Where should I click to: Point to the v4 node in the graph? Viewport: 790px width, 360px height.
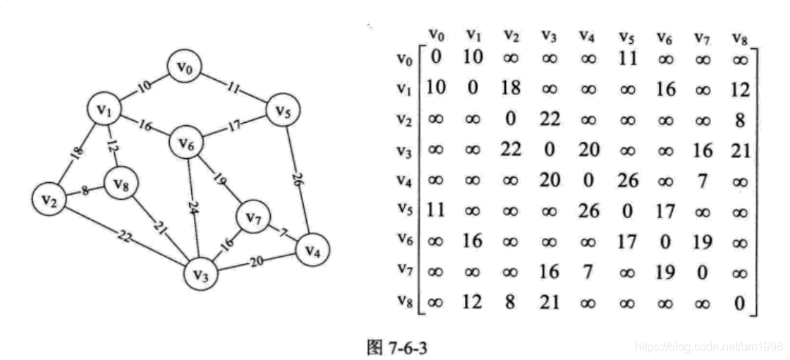312,250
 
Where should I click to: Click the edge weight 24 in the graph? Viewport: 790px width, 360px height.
193,207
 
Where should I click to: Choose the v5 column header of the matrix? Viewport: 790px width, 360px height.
626,34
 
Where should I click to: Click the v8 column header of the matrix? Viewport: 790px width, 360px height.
739,34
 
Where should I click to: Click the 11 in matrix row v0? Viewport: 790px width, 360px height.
627,59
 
